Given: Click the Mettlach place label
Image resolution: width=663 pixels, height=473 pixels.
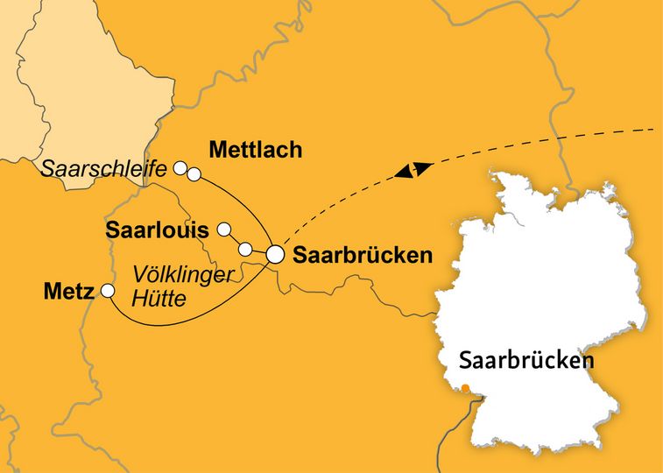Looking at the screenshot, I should [256, 151].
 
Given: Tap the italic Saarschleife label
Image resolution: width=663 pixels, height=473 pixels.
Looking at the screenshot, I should [103, 168].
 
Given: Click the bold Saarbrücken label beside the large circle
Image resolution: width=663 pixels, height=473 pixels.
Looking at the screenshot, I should [363, 256].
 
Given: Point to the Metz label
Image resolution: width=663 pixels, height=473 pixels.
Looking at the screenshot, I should [68, 291].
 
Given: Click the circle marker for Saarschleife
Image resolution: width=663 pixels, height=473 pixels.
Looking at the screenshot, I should [180, 166].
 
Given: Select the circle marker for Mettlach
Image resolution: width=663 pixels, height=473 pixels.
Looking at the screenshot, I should [194, 174].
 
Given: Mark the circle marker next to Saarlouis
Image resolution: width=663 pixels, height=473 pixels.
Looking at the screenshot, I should [223, 229].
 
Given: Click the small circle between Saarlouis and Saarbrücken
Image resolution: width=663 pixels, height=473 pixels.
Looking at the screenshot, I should [246, 249].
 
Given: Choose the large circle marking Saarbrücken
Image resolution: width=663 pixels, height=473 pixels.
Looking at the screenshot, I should [275, 255].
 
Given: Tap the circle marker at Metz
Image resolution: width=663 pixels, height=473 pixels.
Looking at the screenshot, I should [108, 290].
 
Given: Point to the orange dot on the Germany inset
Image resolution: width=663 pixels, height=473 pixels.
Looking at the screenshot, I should [467, 389].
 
